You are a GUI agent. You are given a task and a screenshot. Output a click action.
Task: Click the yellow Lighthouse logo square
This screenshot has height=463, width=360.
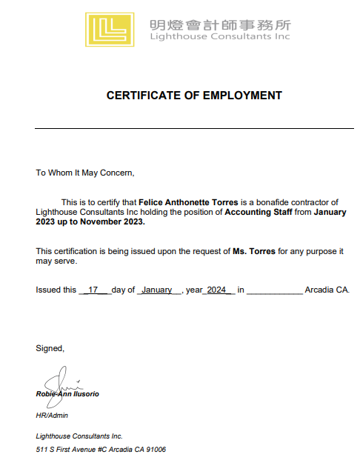[110, 30]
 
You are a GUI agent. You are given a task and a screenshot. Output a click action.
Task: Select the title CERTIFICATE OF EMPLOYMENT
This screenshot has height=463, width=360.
[194, 96]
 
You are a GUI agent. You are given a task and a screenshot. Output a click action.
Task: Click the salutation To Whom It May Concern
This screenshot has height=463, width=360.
[85, 173]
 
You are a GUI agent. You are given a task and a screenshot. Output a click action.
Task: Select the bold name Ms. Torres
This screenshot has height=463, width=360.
[254, 251]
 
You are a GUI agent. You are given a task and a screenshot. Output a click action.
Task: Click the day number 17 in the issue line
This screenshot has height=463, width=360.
[94, 290]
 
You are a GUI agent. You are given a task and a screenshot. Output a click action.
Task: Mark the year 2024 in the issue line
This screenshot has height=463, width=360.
[218, 290]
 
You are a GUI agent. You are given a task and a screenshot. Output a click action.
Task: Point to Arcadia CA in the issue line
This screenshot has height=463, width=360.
[327, 290]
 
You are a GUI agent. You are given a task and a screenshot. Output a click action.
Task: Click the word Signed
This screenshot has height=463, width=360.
[50, 348]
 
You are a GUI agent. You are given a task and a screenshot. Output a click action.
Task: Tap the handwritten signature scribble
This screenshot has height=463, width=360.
[59, 384]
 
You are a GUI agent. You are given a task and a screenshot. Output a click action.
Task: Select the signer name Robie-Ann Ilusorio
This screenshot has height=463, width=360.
[67, 394]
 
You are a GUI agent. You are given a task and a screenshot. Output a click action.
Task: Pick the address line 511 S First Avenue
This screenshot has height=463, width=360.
[101, 449]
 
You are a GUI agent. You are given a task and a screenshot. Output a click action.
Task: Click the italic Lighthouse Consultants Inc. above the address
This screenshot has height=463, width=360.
[79, 436]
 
